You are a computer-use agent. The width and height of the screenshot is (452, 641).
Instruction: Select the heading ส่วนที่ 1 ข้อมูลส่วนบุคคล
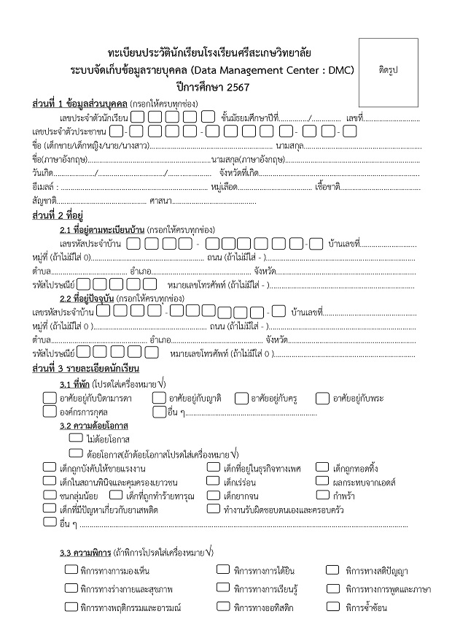pyautogui.click(x=79, y=104)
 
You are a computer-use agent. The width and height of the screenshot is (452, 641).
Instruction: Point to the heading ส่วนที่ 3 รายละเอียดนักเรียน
pyautogui.click(x=90, y=369)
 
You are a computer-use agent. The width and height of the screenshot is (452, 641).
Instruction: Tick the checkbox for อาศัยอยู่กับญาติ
pyautogui.click(x=159, y=398)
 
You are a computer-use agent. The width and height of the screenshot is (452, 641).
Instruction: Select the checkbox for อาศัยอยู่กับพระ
pyautogui.click(x=323, y=398)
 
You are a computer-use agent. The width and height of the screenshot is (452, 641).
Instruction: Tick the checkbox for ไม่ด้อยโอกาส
pyautogui.click(x=76, y=438)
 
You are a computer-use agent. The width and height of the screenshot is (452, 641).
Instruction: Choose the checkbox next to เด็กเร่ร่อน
pyautogui.click(x=214, y=481)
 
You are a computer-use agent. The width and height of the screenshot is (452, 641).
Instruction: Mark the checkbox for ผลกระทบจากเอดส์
pyautogui.click(x=323, y=481)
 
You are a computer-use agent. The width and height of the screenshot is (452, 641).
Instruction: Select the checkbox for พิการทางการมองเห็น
pyautogui.click(x=71, y=569)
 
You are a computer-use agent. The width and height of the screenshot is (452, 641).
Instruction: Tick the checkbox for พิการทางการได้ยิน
pyautogui.click(x=223, y=569)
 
